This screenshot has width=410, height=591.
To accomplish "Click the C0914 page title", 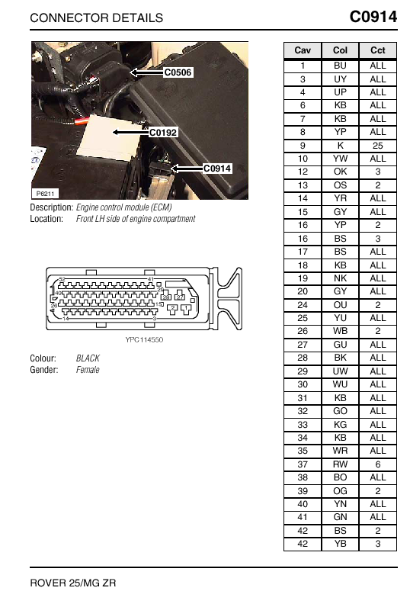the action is pos(373,17).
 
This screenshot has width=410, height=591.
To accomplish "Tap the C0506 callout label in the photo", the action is pos(178,72).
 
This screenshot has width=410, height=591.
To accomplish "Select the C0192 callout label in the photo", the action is pos(163,132).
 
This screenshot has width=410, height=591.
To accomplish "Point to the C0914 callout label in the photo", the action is pos(217,168).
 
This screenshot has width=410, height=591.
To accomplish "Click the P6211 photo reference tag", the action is pos(45,194).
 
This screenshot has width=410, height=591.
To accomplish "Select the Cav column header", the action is pos(303,50).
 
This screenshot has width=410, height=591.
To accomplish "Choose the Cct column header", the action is pos(377,50).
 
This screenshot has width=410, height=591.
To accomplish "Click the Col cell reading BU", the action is pos(340,66).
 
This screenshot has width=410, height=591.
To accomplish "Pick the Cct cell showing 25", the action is pos(377,146).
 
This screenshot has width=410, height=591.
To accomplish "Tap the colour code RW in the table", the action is pos(340,464).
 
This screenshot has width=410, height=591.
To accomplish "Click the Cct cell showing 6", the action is pos(377,464).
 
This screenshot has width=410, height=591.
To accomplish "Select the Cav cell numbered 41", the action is pos(303,517).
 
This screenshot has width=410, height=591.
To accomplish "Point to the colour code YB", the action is pos(340,544).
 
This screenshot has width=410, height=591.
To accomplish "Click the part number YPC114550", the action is pos(144,339).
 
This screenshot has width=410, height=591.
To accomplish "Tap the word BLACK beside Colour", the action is pos(88,358).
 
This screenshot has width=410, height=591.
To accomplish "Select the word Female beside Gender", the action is pos(88,370).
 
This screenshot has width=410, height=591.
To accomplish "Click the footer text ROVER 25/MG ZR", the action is pos(73,583).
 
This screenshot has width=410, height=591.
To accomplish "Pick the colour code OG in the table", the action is pos(340,491).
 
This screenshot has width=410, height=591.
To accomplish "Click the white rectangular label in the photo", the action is pos(107,136).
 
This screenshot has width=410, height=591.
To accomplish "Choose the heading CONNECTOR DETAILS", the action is pos(97,18).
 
